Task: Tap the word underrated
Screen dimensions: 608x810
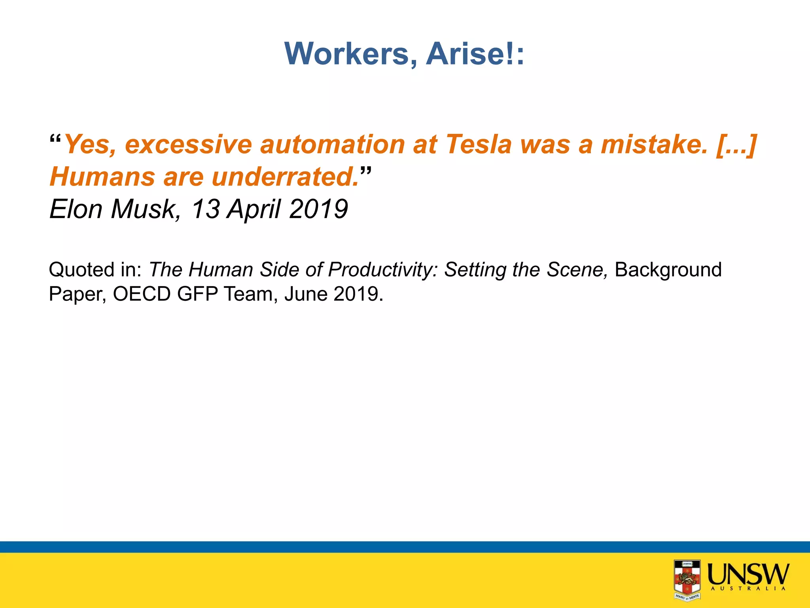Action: click(285, 177)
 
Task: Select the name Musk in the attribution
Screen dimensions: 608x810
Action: click(145, 209)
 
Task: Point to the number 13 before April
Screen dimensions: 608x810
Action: click(206, 209)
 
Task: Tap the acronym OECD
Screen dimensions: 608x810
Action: click(142, 294)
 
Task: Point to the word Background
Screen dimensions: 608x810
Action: click(668, 270)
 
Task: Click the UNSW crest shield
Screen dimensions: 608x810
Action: click(687, 579)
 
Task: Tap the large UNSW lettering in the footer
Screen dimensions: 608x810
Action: click(748, 574)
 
